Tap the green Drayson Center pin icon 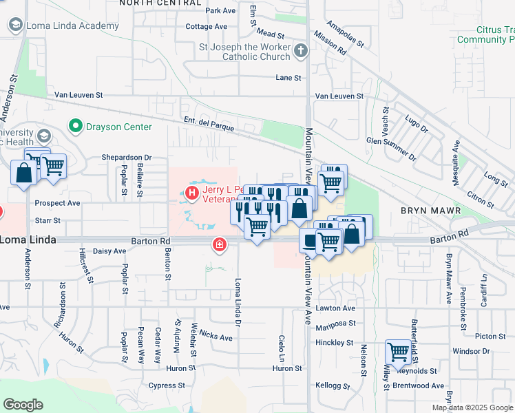[75, 127]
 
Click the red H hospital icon [192, 192]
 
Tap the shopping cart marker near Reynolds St [398, 352]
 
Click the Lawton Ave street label [335, 308]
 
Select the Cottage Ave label [206, 27]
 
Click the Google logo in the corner [23, 404]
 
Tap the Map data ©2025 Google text [473, 407]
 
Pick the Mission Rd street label [329, 42]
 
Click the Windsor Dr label [471, 351]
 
